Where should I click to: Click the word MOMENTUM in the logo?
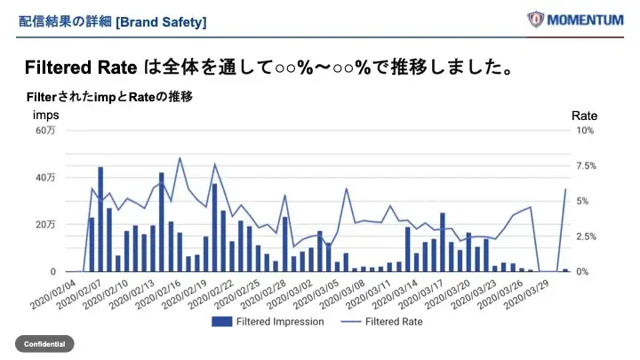[586, 19]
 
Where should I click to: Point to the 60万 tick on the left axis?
[45, 131]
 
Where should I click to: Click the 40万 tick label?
[45, 178]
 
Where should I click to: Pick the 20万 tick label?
[45, 225]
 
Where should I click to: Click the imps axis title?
[46, 116]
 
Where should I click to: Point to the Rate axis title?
[584, 116]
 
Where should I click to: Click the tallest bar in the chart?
[100, 219]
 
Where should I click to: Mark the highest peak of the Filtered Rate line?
[180, 158]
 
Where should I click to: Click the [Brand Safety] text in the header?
[161, 20]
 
